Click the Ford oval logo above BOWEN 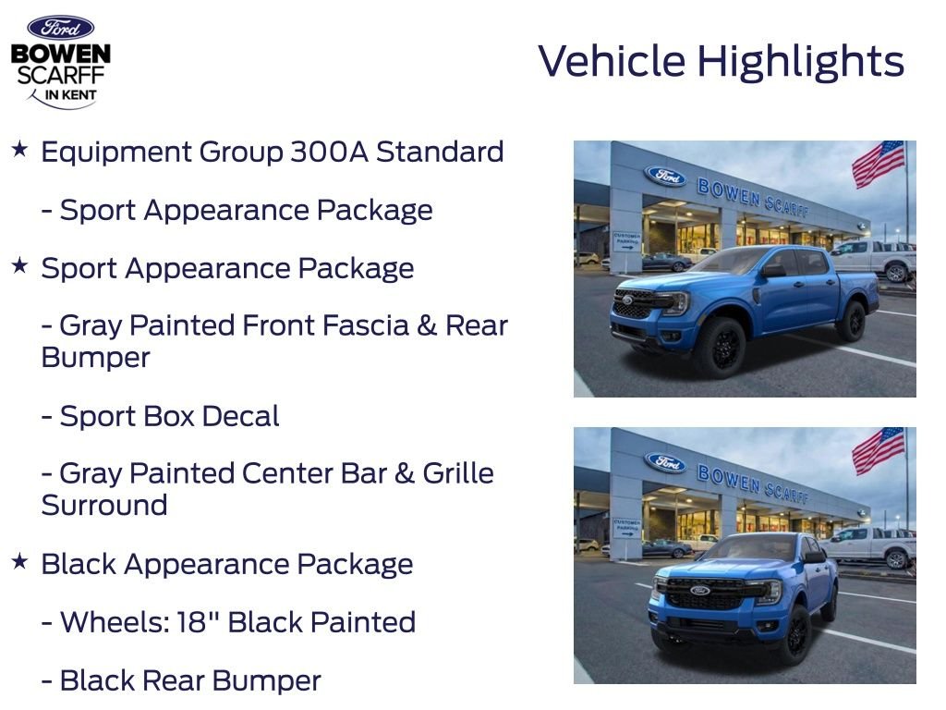[61, 28]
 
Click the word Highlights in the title [801, 62]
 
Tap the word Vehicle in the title [612, 61]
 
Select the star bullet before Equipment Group [20, 149]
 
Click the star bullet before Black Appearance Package [20, 561]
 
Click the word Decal [241, 416]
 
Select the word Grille [458, 473]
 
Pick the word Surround [104, 506]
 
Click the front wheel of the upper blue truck [723, 348]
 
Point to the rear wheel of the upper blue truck [853, 321]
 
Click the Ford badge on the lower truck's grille [700, 590]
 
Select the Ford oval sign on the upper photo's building [666, 176]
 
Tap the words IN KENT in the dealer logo [70, 95]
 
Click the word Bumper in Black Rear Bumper [267, 680]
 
